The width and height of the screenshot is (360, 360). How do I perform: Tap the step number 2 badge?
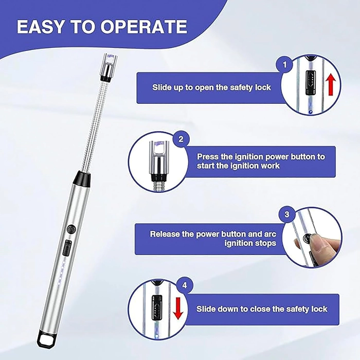click(181, 139)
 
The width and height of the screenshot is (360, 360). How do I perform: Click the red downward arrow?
click(178, 309)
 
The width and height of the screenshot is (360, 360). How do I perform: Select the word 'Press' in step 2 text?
click(208, 156)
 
